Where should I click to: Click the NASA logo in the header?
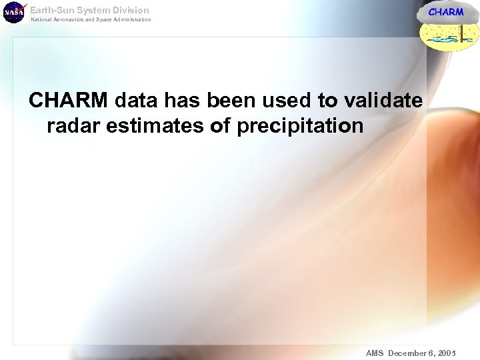13,12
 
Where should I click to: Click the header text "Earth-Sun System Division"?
89,10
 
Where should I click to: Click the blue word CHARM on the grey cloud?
445,12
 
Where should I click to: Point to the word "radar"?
72,125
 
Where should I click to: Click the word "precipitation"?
300,125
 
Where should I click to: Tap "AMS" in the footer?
375,353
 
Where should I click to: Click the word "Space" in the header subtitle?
104,19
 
